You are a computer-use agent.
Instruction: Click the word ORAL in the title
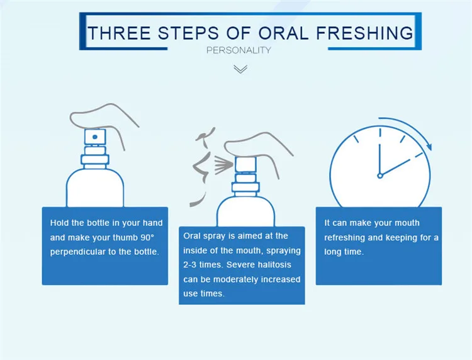tap(283, 33)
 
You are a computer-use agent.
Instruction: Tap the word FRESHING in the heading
tap(364, 33)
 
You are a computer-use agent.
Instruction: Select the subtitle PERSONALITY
tap(239, 50)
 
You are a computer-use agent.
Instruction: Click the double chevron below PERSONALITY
tap(240, 69)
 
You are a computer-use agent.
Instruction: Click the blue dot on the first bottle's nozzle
tap(95, 137)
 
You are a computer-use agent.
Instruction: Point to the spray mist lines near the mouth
tap(223, 165)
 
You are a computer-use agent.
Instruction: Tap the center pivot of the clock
tap(380, 176)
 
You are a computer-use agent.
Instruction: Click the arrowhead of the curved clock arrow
tap(429, 147)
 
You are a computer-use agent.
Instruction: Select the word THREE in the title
tap(119, 33)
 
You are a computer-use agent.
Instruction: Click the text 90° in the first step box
tap(147, 237)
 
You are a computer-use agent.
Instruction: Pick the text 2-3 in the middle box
tap(189, 265)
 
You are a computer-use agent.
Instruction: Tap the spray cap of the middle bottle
tap(245, 164)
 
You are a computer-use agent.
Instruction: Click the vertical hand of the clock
tap(380, 159)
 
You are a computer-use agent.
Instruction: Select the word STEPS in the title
tap(188, 33)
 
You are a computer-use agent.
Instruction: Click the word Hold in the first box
tap(59, 223)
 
